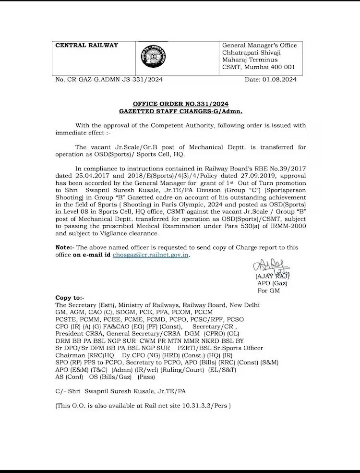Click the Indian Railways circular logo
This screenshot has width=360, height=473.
(x=153, y=58)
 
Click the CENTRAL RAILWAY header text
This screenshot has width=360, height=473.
(x=87, y=46)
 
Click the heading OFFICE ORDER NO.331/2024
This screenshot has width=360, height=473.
(x=180, y=104)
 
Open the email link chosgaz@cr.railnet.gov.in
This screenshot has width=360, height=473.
(x=151, y=255)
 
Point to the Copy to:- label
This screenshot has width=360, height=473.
(x=70, y=298)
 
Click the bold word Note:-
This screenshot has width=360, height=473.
(x=65, y=247)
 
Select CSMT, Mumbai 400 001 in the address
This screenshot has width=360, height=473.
(x=258, y=67)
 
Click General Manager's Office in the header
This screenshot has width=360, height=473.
(x=259, y=46)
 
